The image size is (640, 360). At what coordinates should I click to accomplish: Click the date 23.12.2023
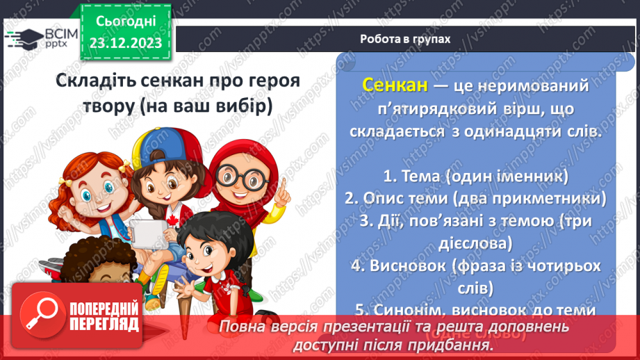(x=125, y=43)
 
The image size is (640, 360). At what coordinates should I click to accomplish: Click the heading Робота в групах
(x=405, y=39)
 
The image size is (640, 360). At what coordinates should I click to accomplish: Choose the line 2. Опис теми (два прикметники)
(x=475, y=198)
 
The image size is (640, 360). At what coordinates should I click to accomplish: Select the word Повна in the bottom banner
(x=240, y=327)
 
